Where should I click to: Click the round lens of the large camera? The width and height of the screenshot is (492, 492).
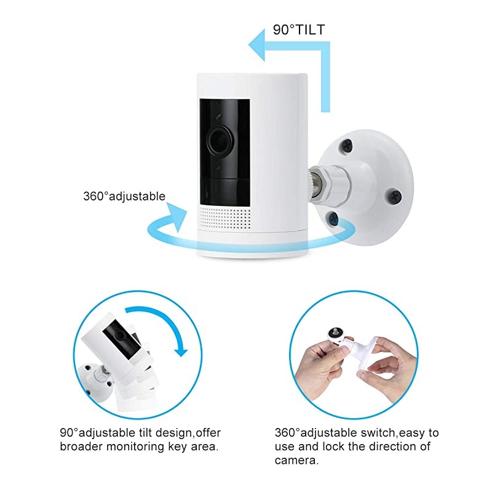[x=220, y=141]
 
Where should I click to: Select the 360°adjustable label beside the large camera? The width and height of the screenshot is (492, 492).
[x=124, y=197]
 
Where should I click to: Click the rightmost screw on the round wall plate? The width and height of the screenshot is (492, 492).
[x=395, y=197]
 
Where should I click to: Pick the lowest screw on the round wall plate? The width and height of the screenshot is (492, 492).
[x=333, y=217]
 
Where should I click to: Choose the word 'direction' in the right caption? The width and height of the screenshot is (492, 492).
[x=382, y=446]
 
